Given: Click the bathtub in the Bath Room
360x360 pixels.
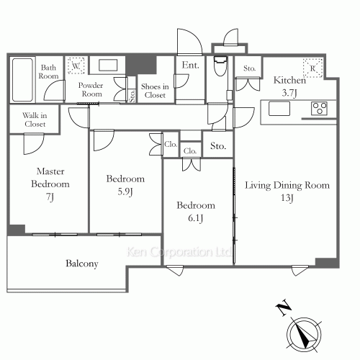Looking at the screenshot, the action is click(x=22, y=80).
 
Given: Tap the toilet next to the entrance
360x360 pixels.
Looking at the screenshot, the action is click(x=220, y=66).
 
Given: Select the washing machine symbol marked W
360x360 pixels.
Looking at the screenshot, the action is click(x=76, y=66).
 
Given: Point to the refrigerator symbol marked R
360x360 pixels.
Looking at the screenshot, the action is click(x=312, y=68).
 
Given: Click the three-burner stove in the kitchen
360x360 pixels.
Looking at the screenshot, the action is click(x=319, y=109).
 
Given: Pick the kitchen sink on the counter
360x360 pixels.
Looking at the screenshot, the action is click(x=279, y=109).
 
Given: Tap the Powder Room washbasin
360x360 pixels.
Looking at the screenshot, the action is click(x=108, y=65).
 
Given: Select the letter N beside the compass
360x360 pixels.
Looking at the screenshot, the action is click(x=283, y=307).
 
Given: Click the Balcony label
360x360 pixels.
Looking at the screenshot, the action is click(x=82, y=264).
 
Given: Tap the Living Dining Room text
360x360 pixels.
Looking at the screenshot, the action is click(x=287, y=185).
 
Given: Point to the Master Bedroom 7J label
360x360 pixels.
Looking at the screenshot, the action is click(x=50, y=184).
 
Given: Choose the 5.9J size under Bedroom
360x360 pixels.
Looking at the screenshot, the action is click(x=125, y=192).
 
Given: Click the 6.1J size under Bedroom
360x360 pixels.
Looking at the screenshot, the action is click(x=195, y=218).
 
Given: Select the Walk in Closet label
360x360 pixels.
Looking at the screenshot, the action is click(x=35, y=120).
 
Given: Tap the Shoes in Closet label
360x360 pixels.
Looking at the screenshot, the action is click(x=155, y=91).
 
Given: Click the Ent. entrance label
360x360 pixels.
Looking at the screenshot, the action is click(x=190, y=65).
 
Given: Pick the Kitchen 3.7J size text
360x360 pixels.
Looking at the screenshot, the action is click(x=289, y=93).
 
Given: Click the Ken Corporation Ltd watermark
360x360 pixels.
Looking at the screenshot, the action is click(x=179, y=252).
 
